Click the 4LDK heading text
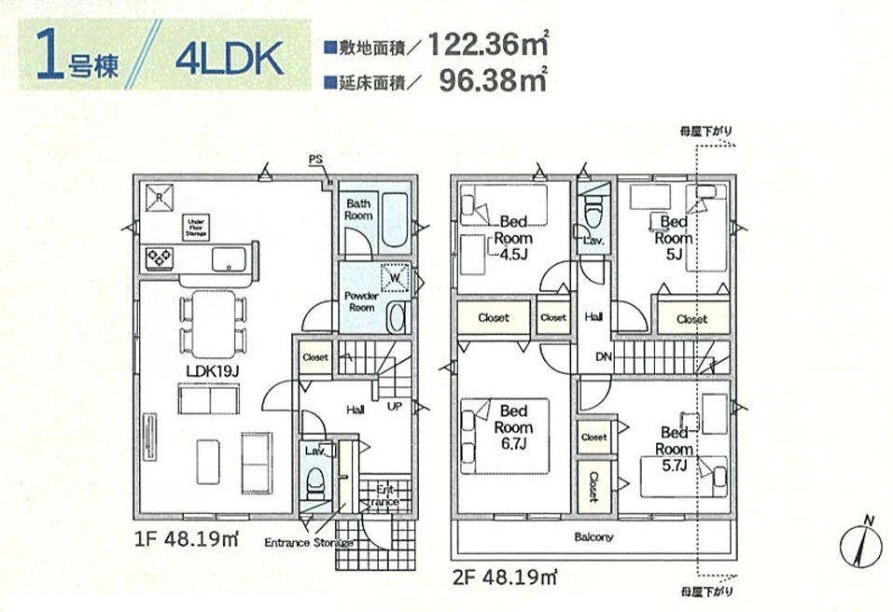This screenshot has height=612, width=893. tap(230, 58)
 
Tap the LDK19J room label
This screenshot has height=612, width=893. tap(213, 371)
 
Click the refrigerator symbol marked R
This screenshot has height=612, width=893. tap(160, 198)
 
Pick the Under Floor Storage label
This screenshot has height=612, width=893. tap(197, 226)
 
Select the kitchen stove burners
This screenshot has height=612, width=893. tap(160, 257)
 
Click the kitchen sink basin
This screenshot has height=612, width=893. tap(229, 259)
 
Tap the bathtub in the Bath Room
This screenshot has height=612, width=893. tap(394, 220)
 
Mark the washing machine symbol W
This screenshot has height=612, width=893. tap(395, 278)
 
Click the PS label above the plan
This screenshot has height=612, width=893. tap(315, 160)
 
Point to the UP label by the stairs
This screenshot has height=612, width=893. tap(395, 407)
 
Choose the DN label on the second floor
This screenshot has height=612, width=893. tap(604, 357)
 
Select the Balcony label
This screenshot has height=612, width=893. tap(593, 536)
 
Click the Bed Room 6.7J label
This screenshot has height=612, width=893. tap(513, 427)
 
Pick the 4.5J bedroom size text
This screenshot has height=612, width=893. tap(513, 254)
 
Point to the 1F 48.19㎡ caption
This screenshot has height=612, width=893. tap(187, 538)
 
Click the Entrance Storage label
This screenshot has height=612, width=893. tap(308, 543)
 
